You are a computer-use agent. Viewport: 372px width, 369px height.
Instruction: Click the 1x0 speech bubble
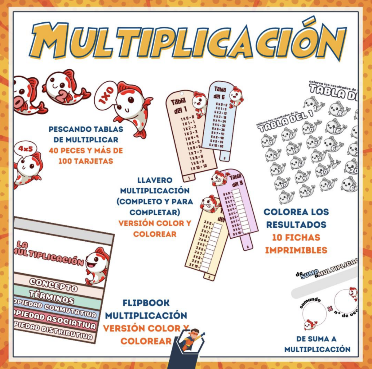[x=106, y=95]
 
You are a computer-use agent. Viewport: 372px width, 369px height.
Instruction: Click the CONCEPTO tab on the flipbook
[x=53, y=285]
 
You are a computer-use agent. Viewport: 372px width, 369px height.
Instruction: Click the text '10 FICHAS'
[x=296, y=238]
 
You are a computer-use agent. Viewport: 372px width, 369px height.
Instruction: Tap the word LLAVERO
[x=155, y=180]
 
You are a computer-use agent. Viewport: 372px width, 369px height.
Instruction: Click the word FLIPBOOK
[x=146, y=303]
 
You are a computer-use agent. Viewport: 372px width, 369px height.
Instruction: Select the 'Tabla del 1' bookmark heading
[x=179, y=105]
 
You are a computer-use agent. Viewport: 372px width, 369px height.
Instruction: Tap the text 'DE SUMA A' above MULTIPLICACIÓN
[x=316, y=339]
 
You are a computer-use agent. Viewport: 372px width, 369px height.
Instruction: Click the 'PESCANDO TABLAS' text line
[x=86, y=129]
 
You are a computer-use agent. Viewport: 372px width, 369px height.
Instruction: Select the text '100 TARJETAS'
[x=86, y=161]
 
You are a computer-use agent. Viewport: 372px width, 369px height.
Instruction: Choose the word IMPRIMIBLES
[x=296, y=250]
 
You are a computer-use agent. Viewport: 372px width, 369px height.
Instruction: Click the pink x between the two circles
[x=330, y=309]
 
